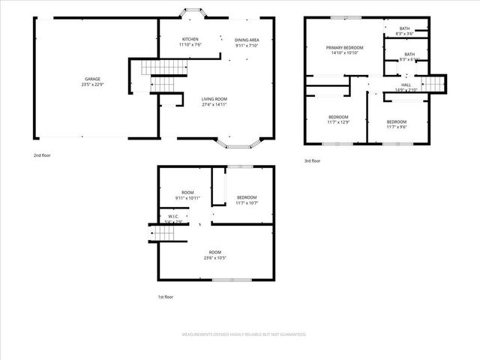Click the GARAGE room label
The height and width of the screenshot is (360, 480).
pos(93,79)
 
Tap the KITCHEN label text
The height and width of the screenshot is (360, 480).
pos(190,39)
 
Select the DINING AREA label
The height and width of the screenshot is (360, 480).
pos(246,39)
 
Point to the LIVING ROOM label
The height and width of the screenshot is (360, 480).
pos(215,99)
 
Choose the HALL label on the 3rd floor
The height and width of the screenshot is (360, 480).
pos(406,85)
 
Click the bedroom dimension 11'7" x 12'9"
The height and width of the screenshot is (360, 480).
pos(338,122)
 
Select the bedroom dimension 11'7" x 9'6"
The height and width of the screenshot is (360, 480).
pos(396,127)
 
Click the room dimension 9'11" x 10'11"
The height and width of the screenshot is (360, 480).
pos(187,198)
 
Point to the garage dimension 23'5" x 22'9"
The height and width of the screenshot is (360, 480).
pos(93,84)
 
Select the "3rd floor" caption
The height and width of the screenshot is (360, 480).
pos(312,160)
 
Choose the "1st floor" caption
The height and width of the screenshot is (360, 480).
pos(166,297)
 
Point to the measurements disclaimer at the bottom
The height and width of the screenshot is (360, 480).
pos(244,334)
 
